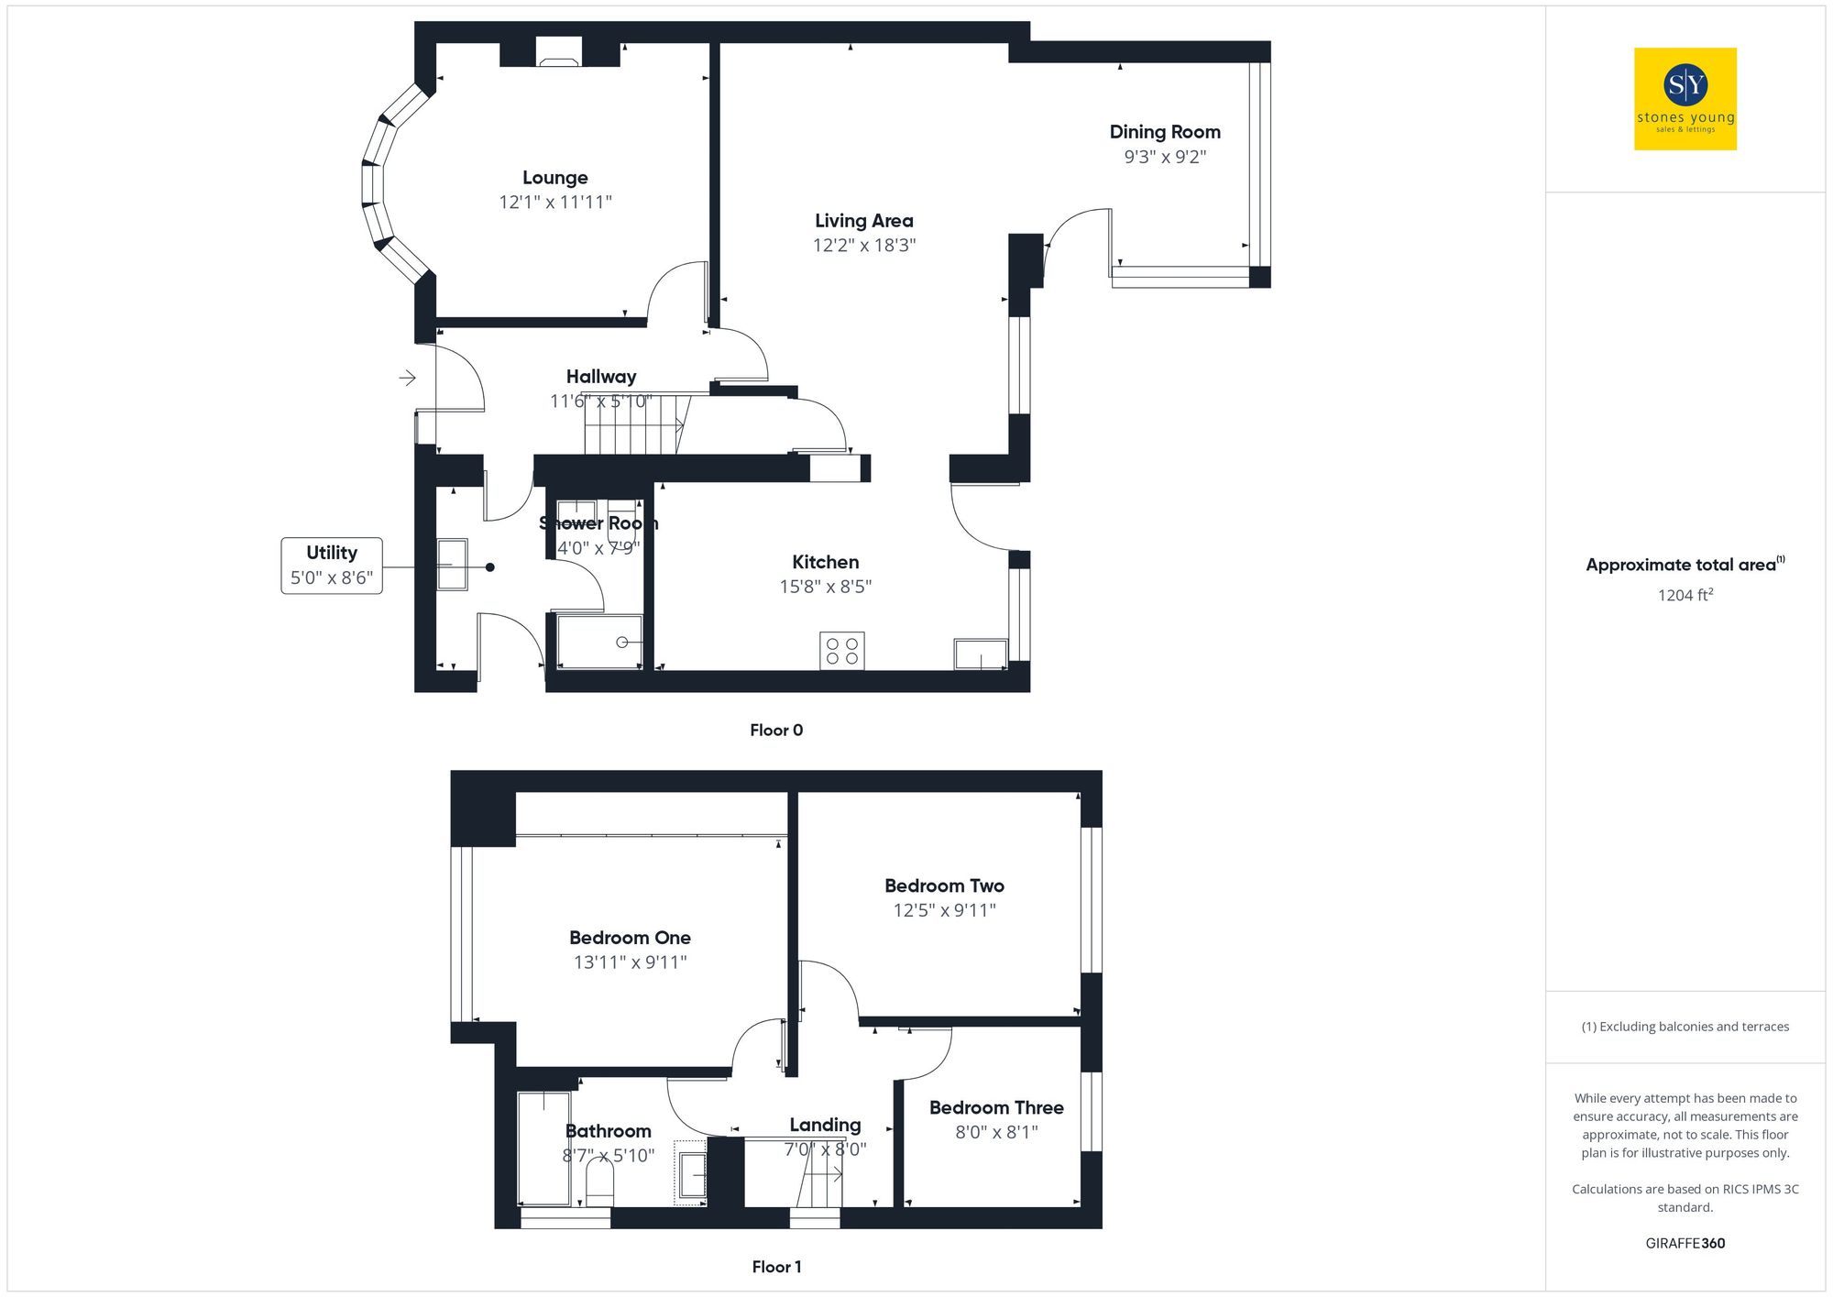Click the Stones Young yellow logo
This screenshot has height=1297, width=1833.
[x=1685, y=99]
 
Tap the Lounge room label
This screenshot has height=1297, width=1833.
[x=554, y=178]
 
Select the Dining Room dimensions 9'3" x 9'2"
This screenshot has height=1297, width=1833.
[x=1165, y=157]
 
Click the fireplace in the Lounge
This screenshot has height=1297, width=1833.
[x=558, y=54]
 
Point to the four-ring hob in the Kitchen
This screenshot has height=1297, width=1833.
[x=841, y=651]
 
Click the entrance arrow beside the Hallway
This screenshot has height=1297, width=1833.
[x=408, y=378]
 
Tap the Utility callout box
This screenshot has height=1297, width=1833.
[x=332, y=566]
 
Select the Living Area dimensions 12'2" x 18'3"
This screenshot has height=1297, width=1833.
[x=863, y=245]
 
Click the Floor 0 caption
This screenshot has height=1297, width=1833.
[x=776, y=731]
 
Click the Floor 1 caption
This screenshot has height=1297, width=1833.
[x=776, y=1267]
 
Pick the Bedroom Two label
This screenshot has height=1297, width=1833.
[x=944, y=885]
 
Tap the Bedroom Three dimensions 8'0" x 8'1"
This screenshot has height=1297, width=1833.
[x=996, y=1132]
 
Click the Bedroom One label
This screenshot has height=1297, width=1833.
[x=630, y=938]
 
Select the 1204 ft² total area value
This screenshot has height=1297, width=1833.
[x=1685, y=595]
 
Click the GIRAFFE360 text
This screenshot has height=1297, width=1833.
[x=1685, y=1244]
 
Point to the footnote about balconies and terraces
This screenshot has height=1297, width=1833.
[x=1685, y=1027]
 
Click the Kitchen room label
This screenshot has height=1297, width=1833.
[x=825, y=562]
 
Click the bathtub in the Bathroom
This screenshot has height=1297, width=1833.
[x=543, y=1148]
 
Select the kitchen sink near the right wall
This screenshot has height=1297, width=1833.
[x=981, y=654]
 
